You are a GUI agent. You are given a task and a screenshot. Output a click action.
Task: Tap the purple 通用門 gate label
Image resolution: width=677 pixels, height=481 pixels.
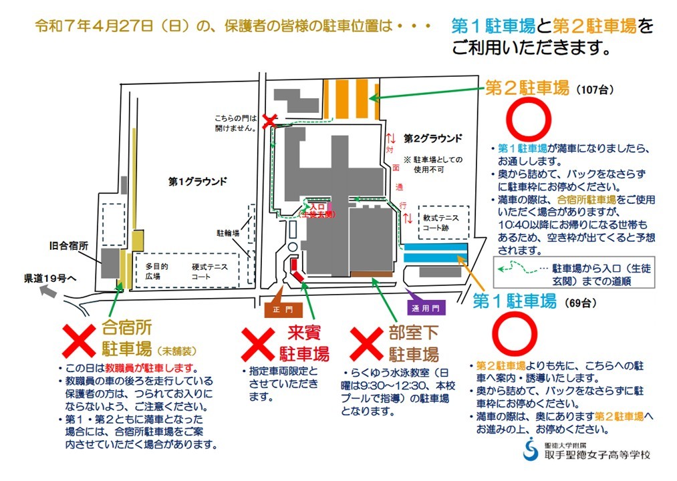(426, 309)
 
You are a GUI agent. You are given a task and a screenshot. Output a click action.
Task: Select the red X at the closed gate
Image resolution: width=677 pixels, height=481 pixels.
(269, 121)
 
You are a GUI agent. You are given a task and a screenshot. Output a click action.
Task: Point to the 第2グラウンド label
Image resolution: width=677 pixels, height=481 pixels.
(432, 139)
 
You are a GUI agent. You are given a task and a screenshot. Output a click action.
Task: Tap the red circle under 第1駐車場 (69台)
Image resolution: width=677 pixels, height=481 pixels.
(514, 334)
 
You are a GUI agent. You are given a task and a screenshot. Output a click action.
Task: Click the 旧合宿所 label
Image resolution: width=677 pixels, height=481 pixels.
(70, 245)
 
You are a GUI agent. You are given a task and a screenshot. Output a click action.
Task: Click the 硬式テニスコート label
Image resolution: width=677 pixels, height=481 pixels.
(211, 271)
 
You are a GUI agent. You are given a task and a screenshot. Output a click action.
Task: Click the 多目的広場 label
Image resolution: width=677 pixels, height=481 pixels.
(156, 271)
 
